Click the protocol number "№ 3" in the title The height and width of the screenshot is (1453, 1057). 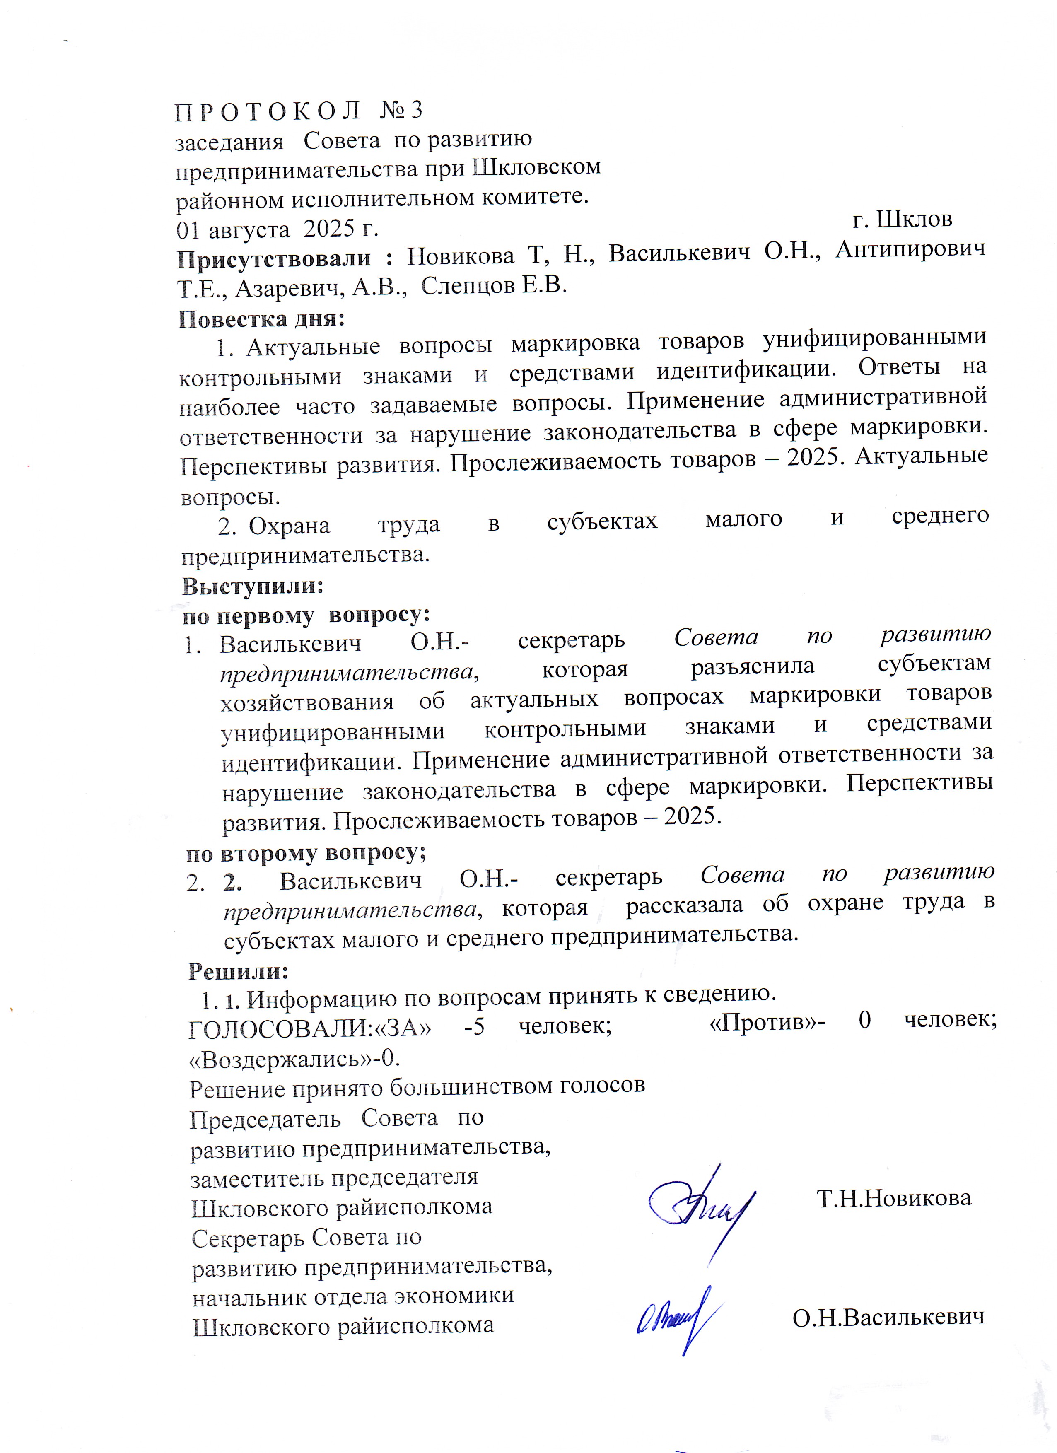click(x=401, y=111)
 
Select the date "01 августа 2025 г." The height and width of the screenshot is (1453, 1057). click(x=277, y=229)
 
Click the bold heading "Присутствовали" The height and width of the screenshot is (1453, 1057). click(x=274, y=258)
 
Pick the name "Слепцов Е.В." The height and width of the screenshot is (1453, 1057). click(x=494, y=285)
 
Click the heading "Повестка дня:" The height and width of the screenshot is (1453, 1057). click(x=261, y=319)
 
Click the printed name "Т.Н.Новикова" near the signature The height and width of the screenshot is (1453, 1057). click(x=894, y=1197)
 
